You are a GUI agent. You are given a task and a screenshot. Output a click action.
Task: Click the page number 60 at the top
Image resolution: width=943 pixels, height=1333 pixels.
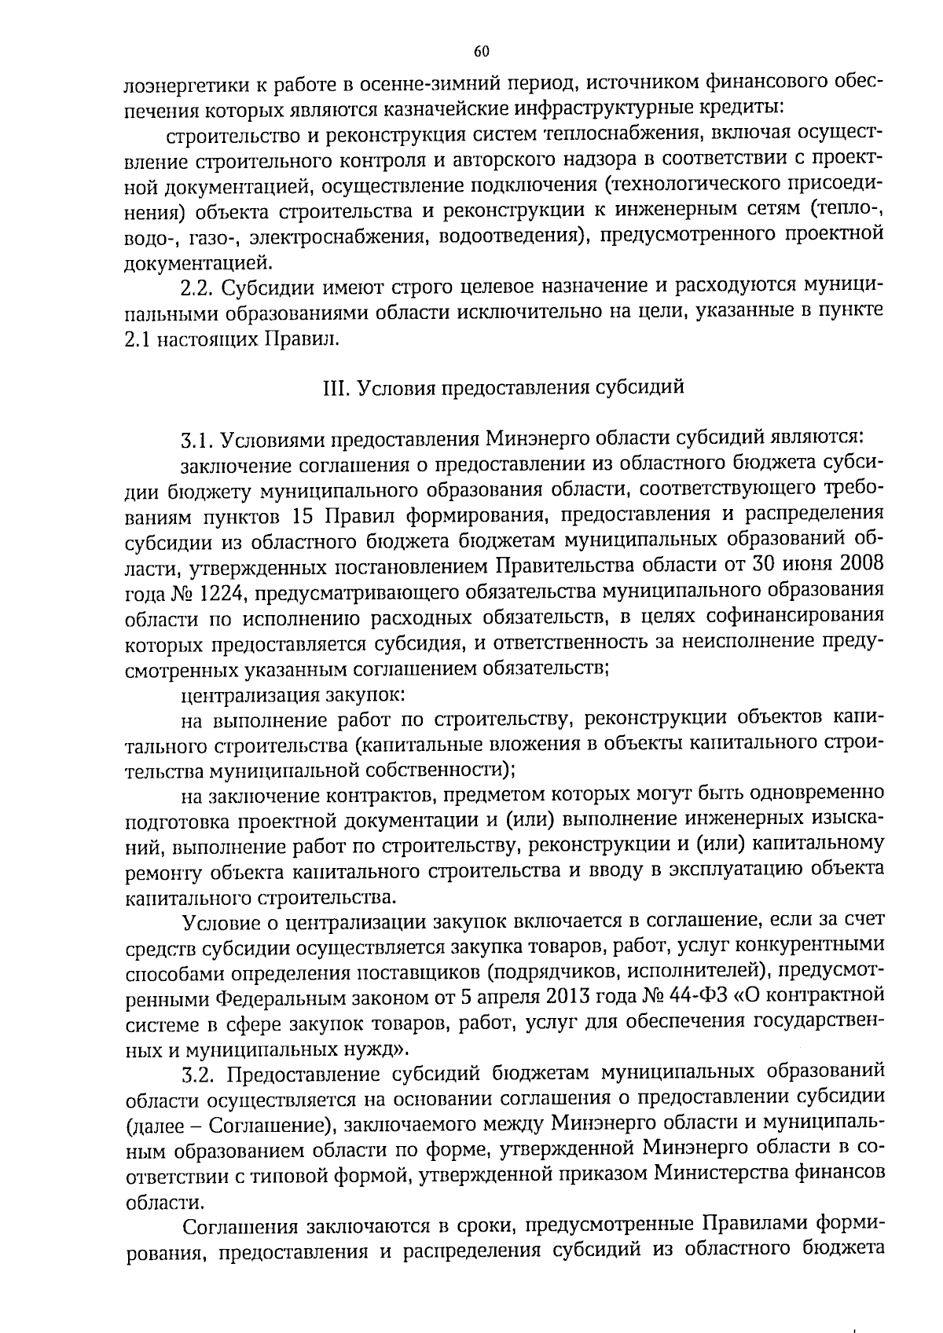(x=482, y=52)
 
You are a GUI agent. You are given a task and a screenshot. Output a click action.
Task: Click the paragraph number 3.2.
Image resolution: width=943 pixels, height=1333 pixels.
(x=196, y=1073)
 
